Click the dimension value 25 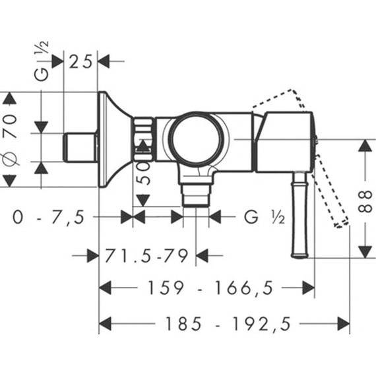[x=80, y=61]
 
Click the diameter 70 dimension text [x=11, y=139]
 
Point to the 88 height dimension [x=365, y=201]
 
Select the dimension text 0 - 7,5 [x=49, y=217]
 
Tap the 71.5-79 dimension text [x=146, y=256]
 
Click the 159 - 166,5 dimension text [x=210, y=288]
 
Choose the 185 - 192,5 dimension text [x=228, y=324]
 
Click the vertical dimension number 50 [x=144, y=173]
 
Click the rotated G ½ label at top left [x=42, y=61]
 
